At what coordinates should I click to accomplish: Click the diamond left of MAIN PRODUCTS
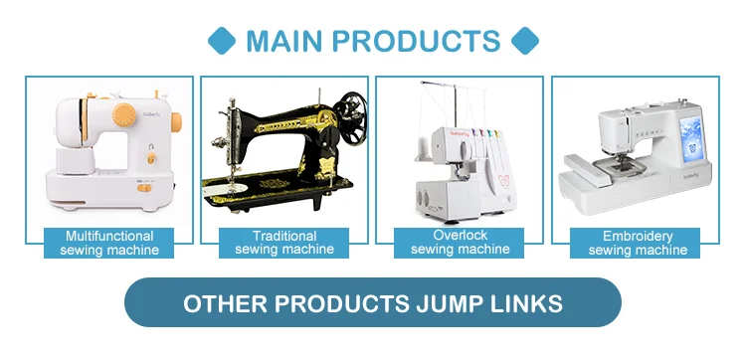pyautogui.click(x=222, y=41)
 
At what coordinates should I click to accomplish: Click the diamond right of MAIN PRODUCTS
pyautogui.click(x=525, y=41)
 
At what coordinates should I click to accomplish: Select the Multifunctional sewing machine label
pyautogui.click(x=109, y=243)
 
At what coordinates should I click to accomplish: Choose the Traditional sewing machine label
pyautogui.click(x=284, y=243)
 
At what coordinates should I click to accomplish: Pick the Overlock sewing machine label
pyautogui.click(x=460, y=243)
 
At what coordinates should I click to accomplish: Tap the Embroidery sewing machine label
pyautogui.click(x=636, y=243)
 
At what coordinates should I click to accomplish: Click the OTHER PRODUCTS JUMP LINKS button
pyautogui.click(x=373, y=302)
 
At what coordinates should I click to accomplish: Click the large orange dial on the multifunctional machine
pyautogui.click(x=124, y=115)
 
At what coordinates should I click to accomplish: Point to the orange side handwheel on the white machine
pyautogui.click(x=176, y=122)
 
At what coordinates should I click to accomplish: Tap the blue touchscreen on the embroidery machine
pyautogui.click(x=690, y=138)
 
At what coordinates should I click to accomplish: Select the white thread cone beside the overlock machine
pyautogui.click(x=422, y=146)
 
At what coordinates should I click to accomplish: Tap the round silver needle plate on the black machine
pyautogui.click(x=226, y=188)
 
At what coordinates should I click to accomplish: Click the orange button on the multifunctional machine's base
pyautogui.click(x=144, y=188)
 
